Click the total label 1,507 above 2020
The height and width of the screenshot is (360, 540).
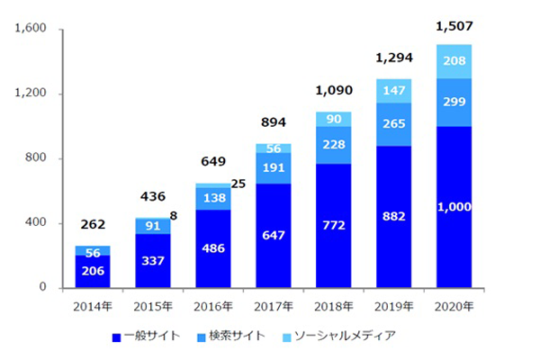453,26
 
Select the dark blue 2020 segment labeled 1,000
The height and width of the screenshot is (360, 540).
454,207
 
